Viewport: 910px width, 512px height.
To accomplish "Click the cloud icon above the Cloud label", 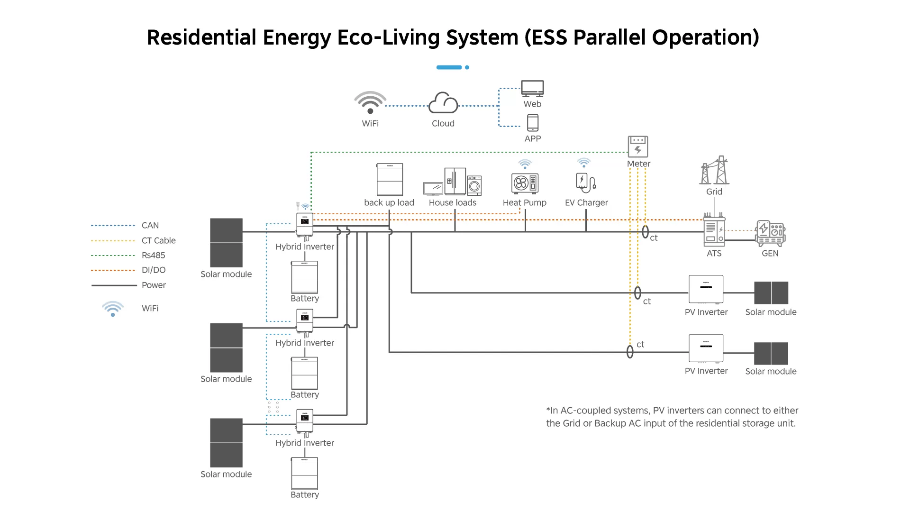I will (443, 103).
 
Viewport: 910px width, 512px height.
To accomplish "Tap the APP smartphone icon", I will (533, 123).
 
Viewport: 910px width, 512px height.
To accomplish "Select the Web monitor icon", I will (532, 88).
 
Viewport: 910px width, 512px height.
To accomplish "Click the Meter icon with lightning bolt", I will (638, 146).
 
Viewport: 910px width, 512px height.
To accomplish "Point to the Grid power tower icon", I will (715, 170).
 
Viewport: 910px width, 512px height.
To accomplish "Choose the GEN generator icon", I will (770, 233).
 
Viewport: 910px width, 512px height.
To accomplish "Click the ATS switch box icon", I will (714, 232).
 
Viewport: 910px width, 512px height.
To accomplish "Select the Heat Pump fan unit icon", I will (525, 183).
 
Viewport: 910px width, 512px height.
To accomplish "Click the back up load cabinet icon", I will (390, 180).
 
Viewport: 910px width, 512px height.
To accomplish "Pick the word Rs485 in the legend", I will (154, 256).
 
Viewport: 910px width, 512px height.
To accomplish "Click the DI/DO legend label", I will (154, 270).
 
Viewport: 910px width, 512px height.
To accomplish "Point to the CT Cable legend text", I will (159, 241).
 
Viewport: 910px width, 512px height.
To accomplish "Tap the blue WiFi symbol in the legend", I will (113, 309).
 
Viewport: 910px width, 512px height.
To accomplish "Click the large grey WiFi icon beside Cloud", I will (370, 102).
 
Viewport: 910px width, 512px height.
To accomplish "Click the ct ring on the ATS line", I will (645, 232).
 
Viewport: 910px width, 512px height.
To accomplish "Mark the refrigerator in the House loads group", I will (455, 181).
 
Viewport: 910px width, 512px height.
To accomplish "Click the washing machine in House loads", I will (474, 185).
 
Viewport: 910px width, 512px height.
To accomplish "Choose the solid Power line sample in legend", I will (114, 285).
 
